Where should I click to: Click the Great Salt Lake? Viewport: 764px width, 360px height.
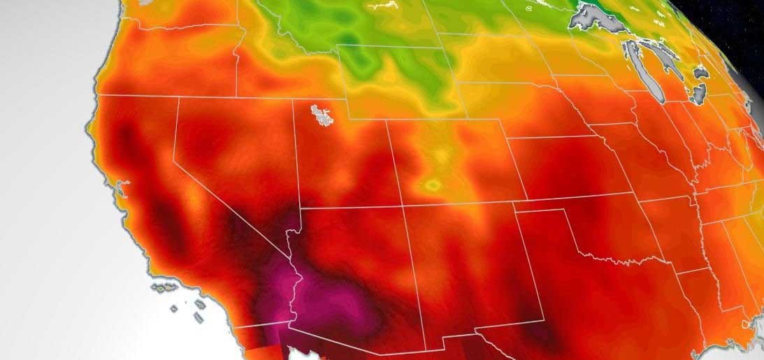pos(322,115)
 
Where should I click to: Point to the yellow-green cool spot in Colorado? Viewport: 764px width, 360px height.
pos(433,185)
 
